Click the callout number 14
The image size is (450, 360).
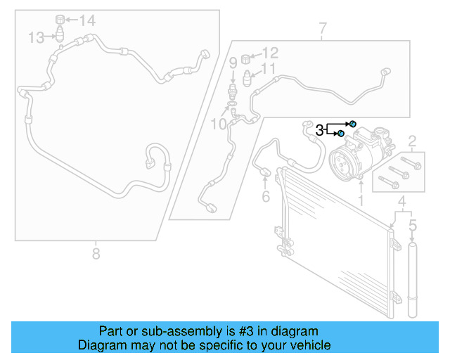(x=87, y=20)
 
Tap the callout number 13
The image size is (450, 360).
(x=37, y=37)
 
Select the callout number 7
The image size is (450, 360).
(x=322, y=30)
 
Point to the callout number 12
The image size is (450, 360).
(x=270, y=53)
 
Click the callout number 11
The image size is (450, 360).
(x=269, y=69)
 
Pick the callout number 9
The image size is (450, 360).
(x=233, y=63)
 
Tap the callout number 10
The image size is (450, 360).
(x=219, y=124)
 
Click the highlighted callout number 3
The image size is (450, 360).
(x=320, y=129)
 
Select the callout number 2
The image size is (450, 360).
(x=413, y=141)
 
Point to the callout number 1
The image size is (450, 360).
(x=361, y=201)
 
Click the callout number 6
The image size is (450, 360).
(x=266, y=196)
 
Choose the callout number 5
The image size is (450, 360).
(x=413, y=226)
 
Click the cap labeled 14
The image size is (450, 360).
(x=60, y=18)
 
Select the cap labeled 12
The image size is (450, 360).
(x=247, y=56)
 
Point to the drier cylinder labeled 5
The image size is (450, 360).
(x=413, y=281)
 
